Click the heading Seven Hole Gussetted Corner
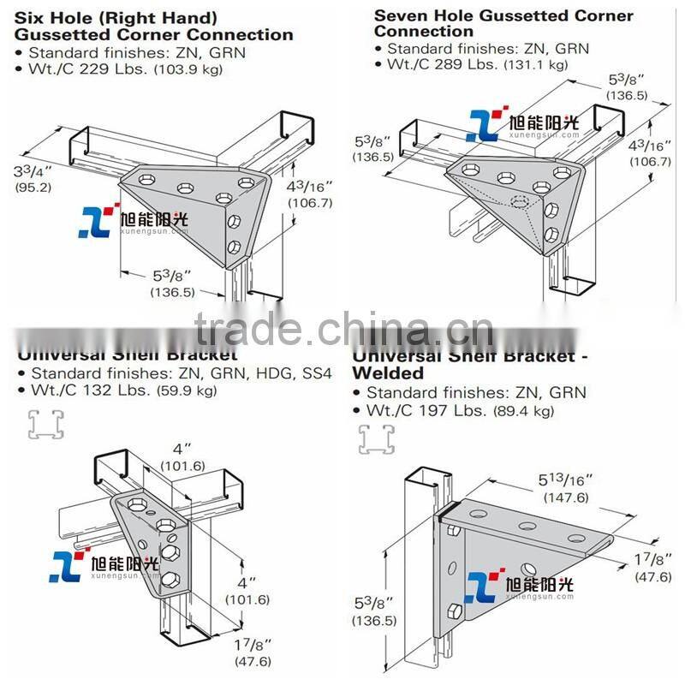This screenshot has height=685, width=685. (x=503, y=15)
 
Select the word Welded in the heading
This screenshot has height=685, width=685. (x=388, y=373)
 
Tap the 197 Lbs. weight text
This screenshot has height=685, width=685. (x=454, y=411)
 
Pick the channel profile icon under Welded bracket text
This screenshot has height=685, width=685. (x=375, y=438)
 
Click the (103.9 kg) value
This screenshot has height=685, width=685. (x=187, y=70)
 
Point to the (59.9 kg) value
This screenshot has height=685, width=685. (x=187, y=391)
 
